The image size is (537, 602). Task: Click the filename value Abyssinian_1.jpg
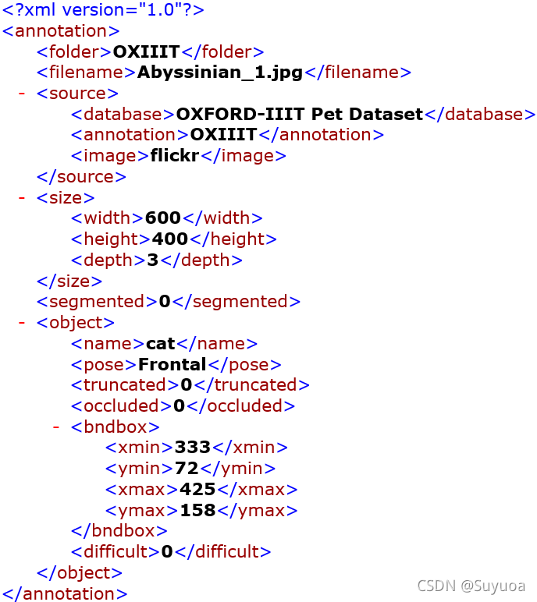(x=220, y=73)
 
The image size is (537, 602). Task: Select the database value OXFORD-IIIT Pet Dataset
(x=299, y=114)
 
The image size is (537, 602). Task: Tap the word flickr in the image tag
(x=176, y=155)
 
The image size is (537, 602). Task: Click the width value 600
(x=162, y=218)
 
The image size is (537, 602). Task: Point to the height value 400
(x=169, y=239)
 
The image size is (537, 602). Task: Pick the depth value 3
(x=153, y=260)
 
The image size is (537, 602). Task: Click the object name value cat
(x=161, y=343)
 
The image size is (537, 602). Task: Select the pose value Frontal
(x=172, y=364)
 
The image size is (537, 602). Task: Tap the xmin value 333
(x=193, y=448)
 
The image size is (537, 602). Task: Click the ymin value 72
(x=186, y=469)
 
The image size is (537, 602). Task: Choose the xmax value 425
(x=197, y=490)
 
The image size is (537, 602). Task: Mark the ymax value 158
(x=197, y=511)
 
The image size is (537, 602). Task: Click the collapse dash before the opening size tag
(x=22, y=197)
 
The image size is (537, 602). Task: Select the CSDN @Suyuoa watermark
(x=471, y=586)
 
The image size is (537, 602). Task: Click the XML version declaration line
(x=104, y=10)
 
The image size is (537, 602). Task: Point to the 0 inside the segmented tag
(x=164, y=301)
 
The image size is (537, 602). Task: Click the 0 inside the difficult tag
(x=166, y=552)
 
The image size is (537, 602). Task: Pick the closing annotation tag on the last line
(x=65, y=593)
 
